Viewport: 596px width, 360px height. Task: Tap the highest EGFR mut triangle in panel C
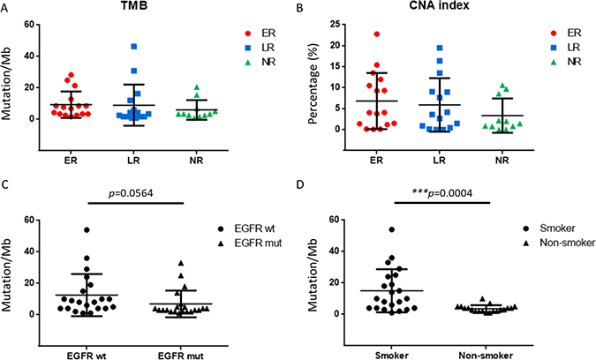click(181, 262)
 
